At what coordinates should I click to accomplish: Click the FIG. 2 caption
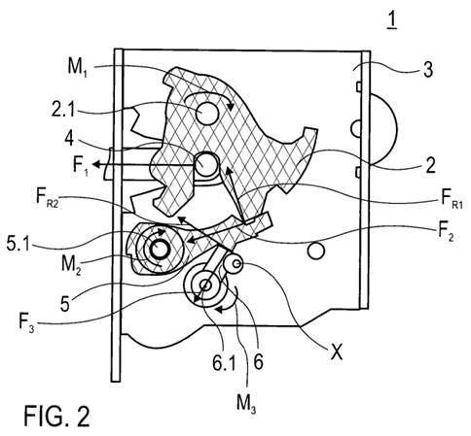(56, 416)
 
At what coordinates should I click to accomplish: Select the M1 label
(77, 68)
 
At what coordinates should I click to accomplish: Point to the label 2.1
(62, 110)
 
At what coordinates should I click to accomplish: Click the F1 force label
(81, 166)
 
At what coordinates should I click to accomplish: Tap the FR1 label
(452, 198)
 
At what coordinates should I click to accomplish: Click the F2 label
(446, 232)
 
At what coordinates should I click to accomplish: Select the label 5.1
(18, 245)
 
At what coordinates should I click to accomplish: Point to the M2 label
(71, 265)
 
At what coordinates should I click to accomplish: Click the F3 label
(26, 323)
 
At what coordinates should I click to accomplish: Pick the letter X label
(337, 352)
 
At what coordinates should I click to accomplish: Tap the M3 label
(246, 404)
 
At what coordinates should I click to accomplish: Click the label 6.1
(224, 362)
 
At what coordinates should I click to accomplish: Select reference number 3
(428, 69)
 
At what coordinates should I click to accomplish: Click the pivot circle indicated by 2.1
(207, 114)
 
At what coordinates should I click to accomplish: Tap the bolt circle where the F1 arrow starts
(206, 164)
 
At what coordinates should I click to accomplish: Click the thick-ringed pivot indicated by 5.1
(159, 250)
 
